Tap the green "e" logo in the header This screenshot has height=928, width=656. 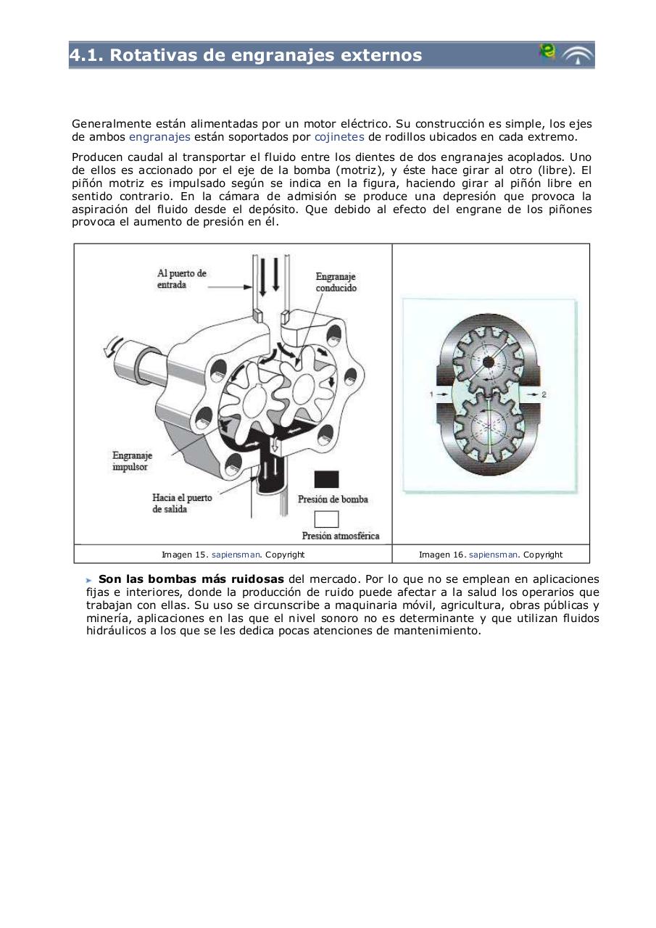(x=547, y=51)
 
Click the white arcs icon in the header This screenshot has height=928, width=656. (x=578, y=56)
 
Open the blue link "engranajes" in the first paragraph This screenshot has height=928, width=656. (x=159, y=137)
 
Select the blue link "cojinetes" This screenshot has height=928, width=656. (x=339, y=137)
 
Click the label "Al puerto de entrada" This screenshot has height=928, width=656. (x=181, y=279)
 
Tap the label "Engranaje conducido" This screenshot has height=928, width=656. (x=336, y=282)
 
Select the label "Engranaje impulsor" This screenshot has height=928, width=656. (x=132, y=461)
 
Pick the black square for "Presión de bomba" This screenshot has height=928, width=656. (x=326, y=479)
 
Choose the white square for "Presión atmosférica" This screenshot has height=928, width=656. (x=326, y=519)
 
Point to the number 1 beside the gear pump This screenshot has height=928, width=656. (x=431, y=394)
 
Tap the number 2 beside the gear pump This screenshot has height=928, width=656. (x=544, y=394)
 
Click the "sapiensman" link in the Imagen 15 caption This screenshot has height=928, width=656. (x=236, y=555)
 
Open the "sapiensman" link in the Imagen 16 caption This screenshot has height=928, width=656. (x=493, y=555)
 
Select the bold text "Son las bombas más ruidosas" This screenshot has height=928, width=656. (x=191, y=579)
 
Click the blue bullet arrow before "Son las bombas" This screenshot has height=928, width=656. (x=89, y=580)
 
